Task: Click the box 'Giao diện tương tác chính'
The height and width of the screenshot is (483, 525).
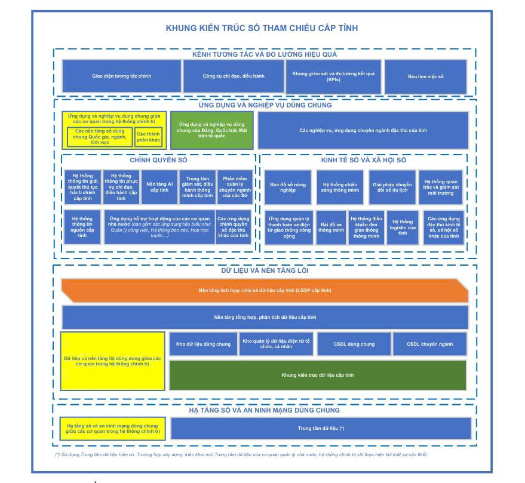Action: click(x=121, y=76)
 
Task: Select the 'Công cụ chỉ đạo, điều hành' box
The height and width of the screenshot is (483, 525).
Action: click(x=234, y=76)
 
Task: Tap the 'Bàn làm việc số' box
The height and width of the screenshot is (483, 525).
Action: click(x=426, y=76)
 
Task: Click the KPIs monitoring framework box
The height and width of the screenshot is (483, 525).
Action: click(x=333, y=76)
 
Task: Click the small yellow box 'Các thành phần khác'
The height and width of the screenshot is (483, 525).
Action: click(x=148, y=137)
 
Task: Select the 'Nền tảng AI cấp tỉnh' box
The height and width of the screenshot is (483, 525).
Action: click(x=160, y=187)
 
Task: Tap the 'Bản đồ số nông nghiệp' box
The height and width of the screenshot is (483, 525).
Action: click(x=287, y=187)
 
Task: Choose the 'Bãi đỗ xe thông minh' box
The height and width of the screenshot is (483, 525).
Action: click(x=330, y=227)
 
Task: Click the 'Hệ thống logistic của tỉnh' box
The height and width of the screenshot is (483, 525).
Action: click(x=403, y=227)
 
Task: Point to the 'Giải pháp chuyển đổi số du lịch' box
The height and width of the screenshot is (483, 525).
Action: click(x=392, y=187)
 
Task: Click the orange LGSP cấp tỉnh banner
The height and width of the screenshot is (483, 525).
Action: click(x=265, y=290)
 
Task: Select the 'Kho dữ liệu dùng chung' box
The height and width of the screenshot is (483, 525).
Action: click(x=203, y=344)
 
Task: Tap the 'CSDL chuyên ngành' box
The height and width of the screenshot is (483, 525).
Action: click(x=429, y=344)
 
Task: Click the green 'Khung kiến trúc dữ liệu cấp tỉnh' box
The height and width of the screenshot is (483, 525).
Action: click(x=318, y=375)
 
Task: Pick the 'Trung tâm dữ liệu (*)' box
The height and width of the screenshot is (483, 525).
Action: click(x=321, y=428)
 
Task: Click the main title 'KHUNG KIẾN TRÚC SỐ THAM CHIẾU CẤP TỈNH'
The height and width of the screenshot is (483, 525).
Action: click(x=262, y=28)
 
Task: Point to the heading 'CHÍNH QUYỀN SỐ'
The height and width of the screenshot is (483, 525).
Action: click(x=158, y=160)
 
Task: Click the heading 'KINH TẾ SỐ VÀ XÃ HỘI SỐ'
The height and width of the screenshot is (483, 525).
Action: click(x=363, y=160)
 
